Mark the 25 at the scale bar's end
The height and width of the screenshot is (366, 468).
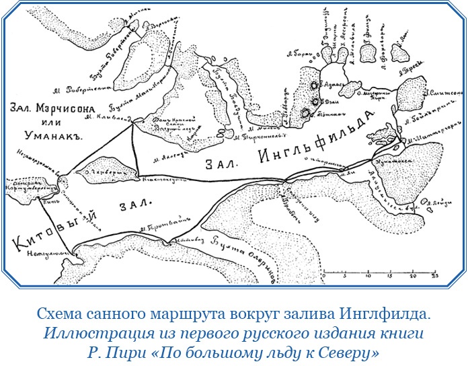[x=435, y=277]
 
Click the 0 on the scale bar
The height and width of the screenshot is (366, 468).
[x=323, y=277]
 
